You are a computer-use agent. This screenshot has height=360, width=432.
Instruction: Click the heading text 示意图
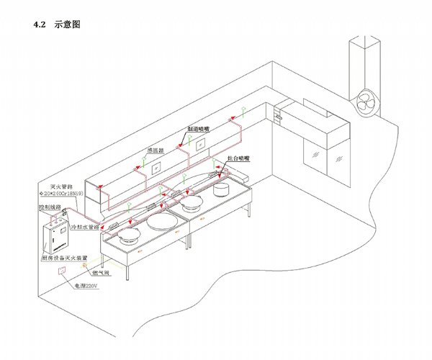pyautogui.click(x=67, y=24)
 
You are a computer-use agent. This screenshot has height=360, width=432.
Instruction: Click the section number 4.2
pyautogui.click(x=40, y=24)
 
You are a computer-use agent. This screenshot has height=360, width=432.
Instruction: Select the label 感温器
pyautogui.click(x=156, y=151)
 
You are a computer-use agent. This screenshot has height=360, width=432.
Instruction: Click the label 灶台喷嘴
pyautogui.click(x=236, y=157)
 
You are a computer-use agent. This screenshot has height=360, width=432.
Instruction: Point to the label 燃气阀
pyautogui.click(x=100, y=274)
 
